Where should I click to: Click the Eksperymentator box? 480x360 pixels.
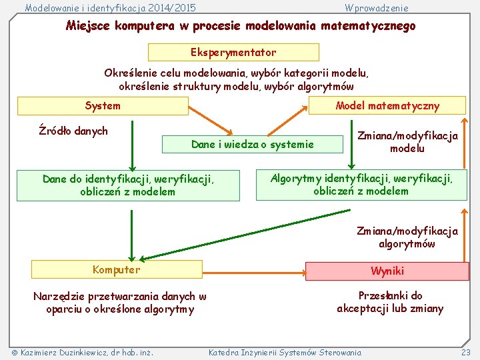[233, 52]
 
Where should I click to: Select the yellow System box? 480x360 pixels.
[103, 106]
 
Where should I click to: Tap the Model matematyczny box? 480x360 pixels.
[387, 106]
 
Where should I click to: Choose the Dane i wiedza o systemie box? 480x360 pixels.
[252, 144]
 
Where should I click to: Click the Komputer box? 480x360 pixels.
[117, 269]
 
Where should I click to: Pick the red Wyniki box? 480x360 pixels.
[387, 271]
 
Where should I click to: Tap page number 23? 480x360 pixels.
[465, 352]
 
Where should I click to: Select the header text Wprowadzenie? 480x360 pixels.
[377, 8]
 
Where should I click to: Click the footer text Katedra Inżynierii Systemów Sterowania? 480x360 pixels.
[285, 352]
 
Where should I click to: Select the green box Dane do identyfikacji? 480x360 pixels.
[128, 185]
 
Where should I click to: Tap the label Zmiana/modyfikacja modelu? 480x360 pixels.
[407, 142]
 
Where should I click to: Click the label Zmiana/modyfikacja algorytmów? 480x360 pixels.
[407, 237]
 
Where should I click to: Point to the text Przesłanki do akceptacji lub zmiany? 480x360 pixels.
[390, 302]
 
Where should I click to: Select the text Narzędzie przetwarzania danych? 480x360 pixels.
[120, 303]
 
